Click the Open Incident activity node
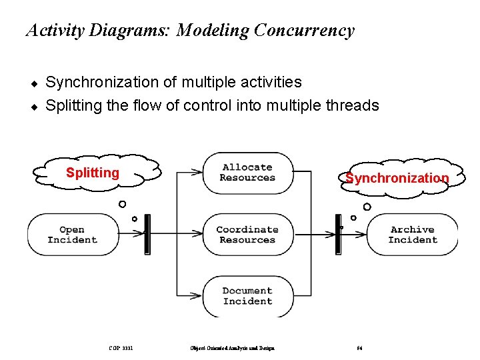tap(72, 235)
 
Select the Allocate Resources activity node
tap(247, 173)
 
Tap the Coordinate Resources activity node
tap(247, 235)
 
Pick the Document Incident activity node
tap(247, 296)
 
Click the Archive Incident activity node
tap(412, 235)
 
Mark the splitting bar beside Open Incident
tap(147, 234)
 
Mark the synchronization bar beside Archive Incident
tap(338, 234)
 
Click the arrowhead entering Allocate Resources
tap(198, 172)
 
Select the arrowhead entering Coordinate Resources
tap(198, 234)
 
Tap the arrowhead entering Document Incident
tap(198, 295)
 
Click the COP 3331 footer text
tap(121, 347)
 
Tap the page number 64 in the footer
tap(359, 347)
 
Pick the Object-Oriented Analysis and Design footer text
tap(232, 347)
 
